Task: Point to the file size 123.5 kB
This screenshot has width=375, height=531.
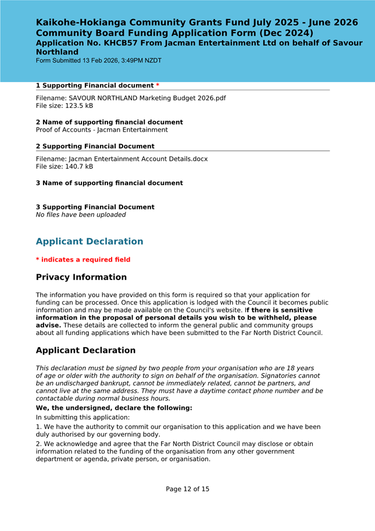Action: pos(78,106)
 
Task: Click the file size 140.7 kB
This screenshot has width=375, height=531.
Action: pos(78,167)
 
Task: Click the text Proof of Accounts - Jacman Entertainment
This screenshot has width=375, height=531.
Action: pos(102,130)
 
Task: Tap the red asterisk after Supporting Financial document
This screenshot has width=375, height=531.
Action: pos(158,86)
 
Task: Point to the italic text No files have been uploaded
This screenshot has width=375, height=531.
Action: pos(81,215)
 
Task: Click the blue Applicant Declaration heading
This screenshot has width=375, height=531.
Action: pos(90,242)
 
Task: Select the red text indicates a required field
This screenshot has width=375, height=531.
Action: pos(85,260)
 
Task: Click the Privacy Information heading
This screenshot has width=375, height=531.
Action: pos(81,278)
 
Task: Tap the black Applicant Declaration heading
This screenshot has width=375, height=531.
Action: pos(85,351)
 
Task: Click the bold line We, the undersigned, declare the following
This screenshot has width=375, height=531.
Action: pos(114,408)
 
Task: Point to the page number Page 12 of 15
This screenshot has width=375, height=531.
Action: pos(187,489)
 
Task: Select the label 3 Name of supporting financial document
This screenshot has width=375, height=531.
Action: pos(109,183)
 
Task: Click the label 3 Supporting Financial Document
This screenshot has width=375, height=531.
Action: pos(95,207)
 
